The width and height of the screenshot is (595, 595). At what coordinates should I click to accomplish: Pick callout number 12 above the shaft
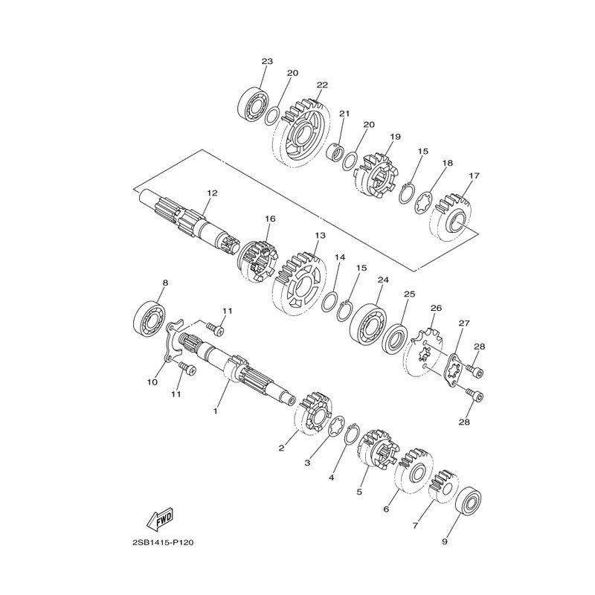212,193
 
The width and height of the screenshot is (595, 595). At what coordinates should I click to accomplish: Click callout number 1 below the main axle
216,410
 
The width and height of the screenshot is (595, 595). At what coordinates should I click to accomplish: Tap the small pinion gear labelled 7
445,486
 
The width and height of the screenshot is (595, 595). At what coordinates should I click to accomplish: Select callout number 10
152,382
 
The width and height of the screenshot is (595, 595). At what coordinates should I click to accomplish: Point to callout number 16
270,219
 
